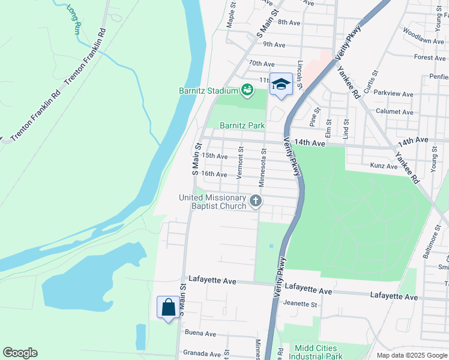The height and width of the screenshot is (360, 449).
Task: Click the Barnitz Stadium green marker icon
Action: (246, 91)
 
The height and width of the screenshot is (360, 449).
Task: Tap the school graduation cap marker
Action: (280, 84)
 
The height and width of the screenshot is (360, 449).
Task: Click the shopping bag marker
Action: (169, 308)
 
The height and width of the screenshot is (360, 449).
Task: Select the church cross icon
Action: (256, 201)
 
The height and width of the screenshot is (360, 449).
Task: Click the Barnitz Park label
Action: (242, 126)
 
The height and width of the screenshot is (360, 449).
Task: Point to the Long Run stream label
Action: (73, 19)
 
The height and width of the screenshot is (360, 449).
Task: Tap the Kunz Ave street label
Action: (384, 165)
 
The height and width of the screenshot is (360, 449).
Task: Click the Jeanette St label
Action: (300, 304)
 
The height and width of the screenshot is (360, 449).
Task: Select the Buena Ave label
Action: (200, 334)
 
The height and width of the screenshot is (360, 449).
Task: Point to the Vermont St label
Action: (240, 163)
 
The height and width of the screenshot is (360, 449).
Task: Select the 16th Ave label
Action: (214, 174)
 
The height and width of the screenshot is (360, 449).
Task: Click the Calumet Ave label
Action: (394, 112)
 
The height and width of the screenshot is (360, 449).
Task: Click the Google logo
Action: (20, 353)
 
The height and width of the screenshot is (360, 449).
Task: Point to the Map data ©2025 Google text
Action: (412, 355)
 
